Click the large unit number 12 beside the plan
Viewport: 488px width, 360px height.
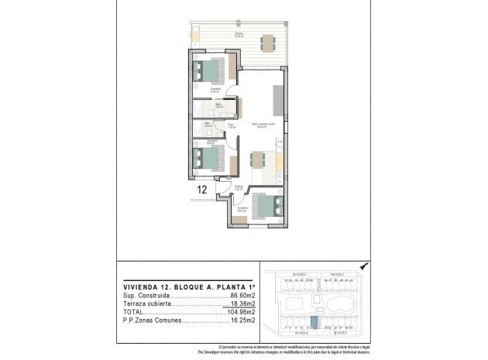click(201, 188)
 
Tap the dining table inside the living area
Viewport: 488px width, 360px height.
click(258, 161)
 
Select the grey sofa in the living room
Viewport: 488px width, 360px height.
click(277, 98)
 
